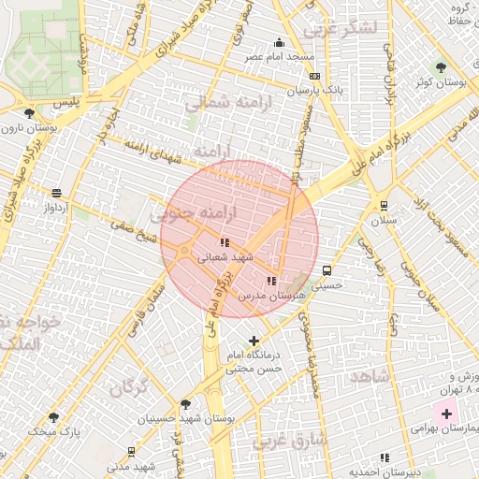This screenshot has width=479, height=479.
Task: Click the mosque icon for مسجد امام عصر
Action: (x=279, y=42)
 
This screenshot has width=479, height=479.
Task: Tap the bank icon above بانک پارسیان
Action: (x=314, y=77)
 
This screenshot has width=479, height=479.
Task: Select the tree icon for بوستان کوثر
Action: (x=442, y=67)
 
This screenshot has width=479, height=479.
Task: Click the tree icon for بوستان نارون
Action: (x=30, y=112)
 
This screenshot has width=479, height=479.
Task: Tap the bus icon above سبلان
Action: (x=384, y=206)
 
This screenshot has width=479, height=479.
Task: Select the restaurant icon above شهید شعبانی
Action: (x=225, y=242)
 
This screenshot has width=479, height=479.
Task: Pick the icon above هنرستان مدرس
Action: (x=272, y=280)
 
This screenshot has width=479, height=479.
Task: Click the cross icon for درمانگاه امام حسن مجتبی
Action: (x=254, y=341)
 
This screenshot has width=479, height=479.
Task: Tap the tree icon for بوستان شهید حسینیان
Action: (x=185, y=405)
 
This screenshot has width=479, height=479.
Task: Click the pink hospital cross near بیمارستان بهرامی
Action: (x=446, y=414)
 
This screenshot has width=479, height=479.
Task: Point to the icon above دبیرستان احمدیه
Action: (x=384, y=457)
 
